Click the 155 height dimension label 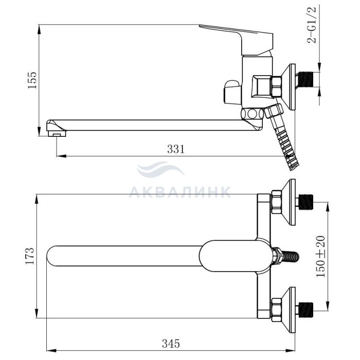click(32, 80)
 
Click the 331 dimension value click(176, 149)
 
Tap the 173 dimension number click(30, 256)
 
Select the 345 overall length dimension click(171, 344)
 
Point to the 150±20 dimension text click(321, 256)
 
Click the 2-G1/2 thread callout click(312, 25)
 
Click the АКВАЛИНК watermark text click(180, 192)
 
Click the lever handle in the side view click(237, 40)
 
